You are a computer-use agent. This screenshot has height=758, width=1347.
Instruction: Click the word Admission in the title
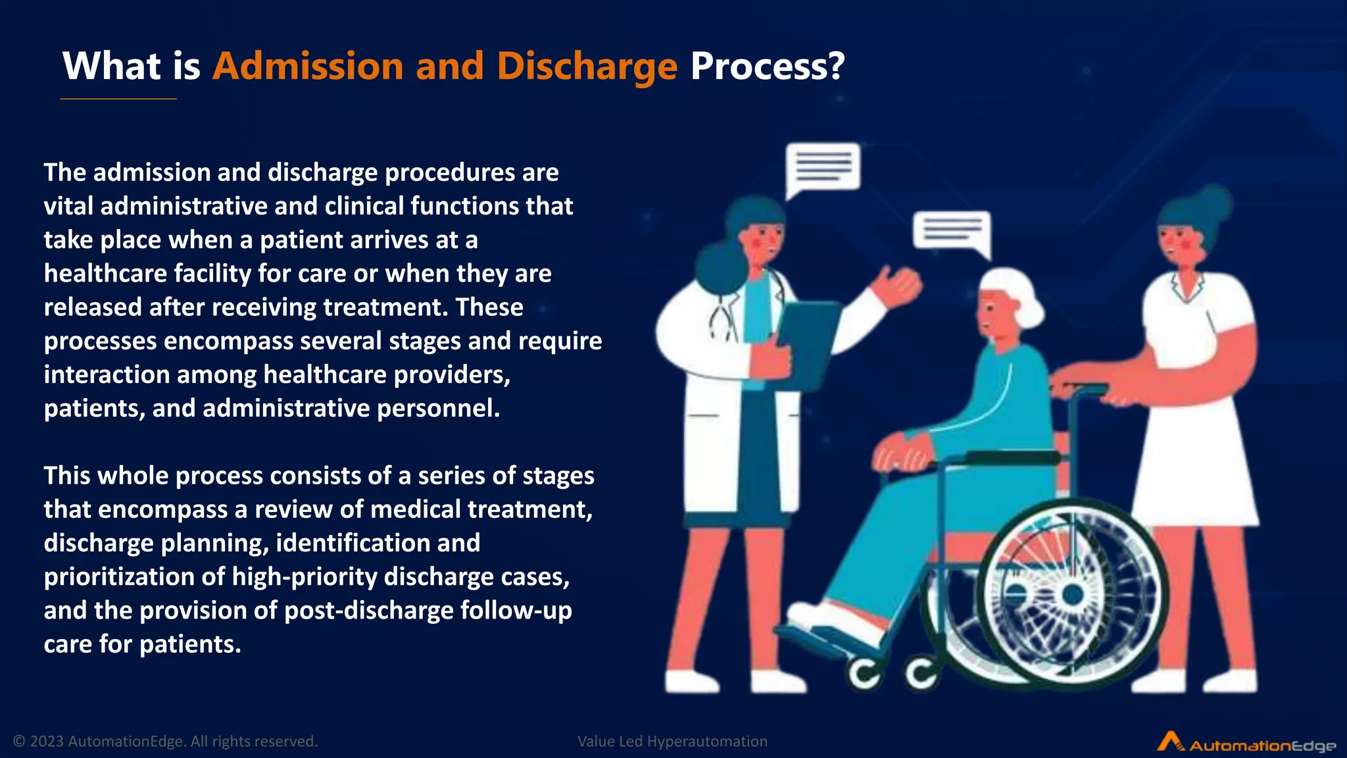click(307, 66)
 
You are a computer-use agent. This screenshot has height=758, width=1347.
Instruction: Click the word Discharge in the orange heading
click(586, 66)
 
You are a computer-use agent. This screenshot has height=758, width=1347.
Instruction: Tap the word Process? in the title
click(767, 66)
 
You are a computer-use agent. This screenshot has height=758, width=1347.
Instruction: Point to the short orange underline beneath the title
click(118, 99)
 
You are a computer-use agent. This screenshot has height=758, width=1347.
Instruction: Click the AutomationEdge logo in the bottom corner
click(1246, 744)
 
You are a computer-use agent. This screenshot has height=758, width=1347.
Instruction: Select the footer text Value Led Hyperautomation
click(672, 742)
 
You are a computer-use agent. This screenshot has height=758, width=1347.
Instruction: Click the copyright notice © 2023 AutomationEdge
click(165, 742)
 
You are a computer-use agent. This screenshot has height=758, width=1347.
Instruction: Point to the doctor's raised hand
click(898, 286)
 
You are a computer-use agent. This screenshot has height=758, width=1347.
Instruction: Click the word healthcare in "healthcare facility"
click(105, 274)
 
